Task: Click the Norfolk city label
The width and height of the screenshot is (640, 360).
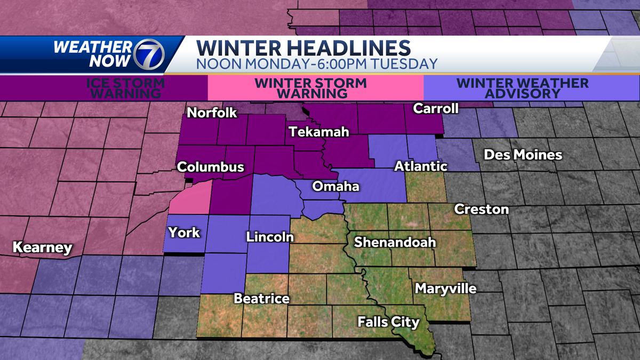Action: pyautogui.click(x=212, y=113)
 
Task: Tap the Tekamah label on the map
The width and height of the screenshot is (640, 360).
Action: pyautogui.click(x=315, y=132)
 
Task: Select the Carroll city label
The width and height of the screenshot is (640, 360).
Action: pyautogui.click(x=436, y=109)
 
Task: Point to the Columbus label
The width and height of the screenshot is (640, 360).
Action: pyautogui.click(x=211, y=167)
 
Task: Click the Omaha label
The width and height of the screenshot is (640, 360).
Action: pyautogui.click(x=336, y=187)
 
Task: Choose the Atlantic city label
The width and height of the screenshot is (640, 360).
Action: pyautogui.click(x=420, y=166)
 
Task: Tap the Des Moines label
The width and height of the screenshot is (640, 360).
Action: pyautogui.click(x=523, y=155)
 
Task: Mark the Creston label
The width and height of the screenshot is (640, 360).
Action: pyautogui.click(x=482, y=209)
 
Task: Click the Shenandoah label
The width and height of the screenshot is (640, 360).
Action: pyautogui.click(x=395, y=242)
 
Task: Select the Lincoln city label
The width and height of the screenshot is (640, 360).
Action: pyautogui.click(x=270, y=236)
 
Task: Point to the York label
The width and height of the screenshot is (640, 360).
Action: pyautogui.click(x=184, y=232)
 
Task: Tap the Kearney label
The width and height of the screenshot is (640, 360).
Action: pyautogui.click(x=42, y=247)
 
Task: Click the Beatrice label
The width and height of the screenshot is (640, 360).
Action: pyautogui.click(x=262, y=298)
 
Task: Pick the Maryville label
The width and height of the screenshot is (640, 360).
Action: pyautogui.click(x=445, y=289)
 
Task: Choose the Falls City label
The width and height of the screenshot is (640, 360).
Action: pyautogui.click(x=388, y=322)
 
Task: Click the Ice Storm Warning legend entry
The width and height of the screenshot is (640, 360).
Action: pyautogui.click(x=126, y=88)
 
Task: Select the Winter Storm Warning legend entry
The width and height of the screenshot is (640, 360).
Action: pyautogui.click(x=311, y=88)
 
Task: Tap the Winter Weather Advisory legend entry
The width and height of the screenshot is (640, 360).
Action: pyautogui.click(x=523, y=88)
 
